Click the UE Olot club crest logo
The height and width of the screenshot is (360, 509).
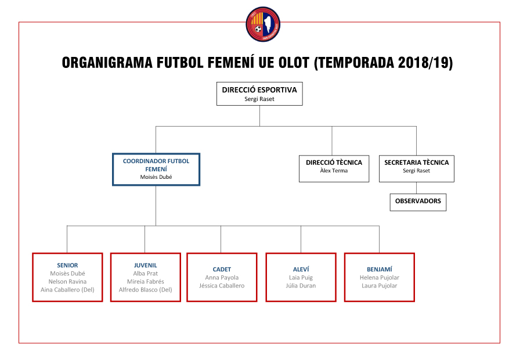pos(262,24)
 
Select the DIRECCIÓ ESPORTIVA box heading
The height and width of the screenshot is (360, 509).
pos(259,90)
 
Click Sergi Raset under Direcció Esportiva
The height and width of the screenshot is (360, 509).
pos(259,99)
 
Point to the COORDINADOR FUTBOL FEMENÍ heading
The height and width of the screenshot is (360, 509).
pos(156,164)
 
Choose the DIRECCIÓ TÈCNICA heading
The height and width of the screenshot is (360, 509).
pos(334,163)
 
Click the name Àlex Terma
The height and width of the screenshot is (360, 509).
pos(334,171)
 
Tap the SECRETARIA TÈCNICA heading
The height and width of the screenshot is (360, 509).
pos(416,163)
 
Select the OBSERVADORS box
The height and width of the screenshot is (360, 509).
pos(418,201)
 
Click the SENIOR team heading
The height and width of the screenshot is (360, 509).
pos(67,265)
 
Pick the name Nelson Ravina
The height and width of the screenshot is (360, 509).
pos(67,282)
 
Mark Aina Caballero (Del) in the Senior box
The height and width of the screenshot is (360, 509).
pos(67,290)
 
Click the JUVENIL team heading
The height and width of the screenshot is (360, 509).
pos(145,265)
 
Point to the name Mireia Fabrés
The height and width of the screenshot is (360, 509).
pos(145,282)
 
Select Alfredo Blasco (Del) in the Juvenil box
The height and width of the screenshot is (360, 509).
pos(145,290)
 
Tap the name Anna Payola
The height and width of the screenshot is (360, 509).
pos(222,278)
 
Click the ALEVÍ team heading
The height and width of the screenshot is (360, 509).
pos(301,269)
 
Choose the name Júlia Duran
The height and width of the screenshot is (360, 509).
pos(301,286)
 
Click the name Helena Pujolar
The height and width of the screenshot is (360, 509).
pos(379,278)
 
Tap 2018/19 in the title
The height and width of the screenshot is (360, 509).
pos(424,63)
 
